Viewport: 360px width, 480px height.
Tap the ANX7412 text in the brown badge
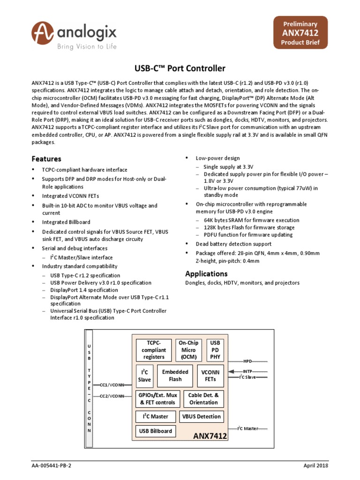[x=300, y=33]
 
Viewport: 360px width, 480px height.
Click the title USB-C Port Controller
[x=180, y=68]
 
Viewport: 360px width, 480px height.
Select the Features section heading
[x=46, y=159]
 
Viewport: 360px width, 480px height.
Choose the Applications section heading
[x=206, y=273]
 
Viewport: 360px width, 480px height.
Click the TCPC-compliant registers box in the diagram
[x=154, y=350]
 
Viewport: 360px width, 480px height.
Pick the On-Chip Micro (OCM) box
[x=188, y=350]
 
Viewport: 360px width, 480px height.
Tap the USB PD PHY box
[x=216, y=350]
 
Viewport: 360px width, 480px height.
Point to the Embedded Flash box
[x=175, y=375]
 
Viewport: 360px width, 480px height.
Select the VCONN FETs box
[x=210, y=375]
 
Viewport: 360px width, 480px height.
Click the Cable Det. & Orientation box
[x=203, y=399]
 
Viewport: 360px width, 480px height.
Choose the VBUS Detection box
[x=201, y=416]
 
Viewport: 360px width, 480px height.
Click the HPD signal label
[x=247, y=361]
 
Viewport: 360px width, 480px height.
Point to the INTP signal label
[x=247, y=371]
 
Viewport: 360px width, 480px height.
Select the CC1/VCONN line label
[x=112, y=385]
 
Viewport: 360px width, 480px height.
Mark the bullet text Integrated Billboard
[x=66, y=222]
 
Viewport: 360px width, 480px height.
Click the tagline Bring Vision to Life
[x=87, y=46]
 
